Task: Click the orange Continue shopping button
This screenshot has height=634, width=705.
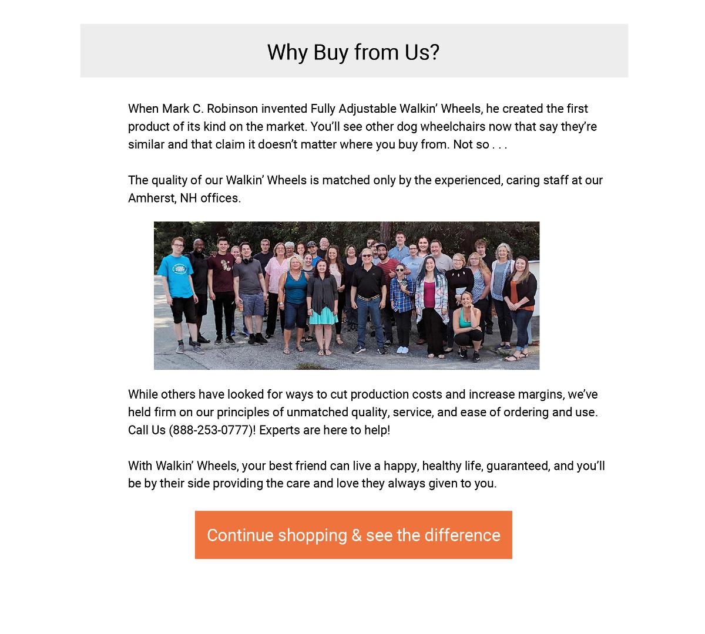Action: click(353, 535)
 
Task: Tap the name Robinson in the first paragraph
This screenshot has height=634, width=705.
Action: click(232, 109)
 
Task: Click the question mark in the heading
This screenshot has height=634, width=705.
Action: click(434, 52)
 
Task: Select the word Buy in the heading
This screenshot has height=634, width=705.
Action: click(330, 52)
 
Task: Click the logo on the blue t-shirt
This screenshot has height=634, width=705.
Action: click(173, 269)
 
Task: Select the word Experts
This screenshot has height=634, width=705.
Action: click(280, 430)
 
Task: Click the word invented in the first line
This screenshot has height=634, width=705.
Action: click(284, 109)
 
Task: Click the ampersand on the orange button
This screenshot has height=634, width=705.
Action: click(356, 535)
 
